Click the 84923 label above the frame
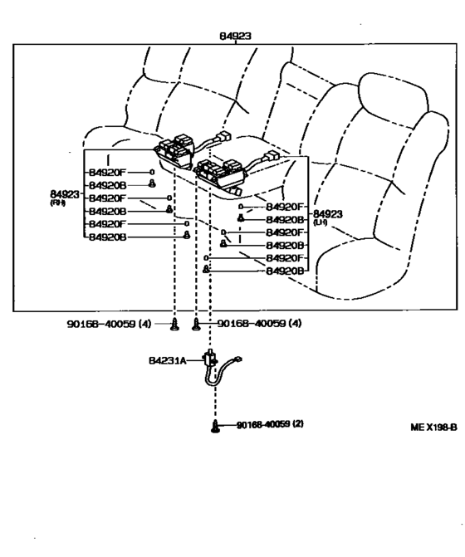point(235,36)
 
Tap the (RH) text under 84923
point(58,203)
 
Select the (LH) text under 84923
point(320,222)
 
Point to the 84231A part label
point(167,361)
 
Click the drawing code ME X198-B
point(433,427)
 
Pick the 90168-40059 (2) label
point(270,424)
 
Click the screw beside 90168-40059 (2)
point(215,427)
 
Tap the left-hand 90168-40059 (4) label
point(109,324)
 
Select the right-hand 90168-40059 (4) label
point(259,323)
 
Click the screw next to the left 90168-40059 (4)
point(174,325)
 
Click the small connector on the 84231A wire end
point(238,359)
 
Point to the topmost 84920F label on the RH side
point(107,173)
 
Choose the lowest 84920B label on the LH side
point(285,271)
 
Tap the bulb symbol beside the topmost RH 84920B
point(152,184)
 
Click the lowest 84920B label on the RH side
point(107,237)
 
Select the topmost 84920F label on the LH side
point(285,207)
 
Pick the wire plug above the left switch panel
point(223,136)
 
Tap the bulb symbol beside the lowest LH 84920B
point(206,269)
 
